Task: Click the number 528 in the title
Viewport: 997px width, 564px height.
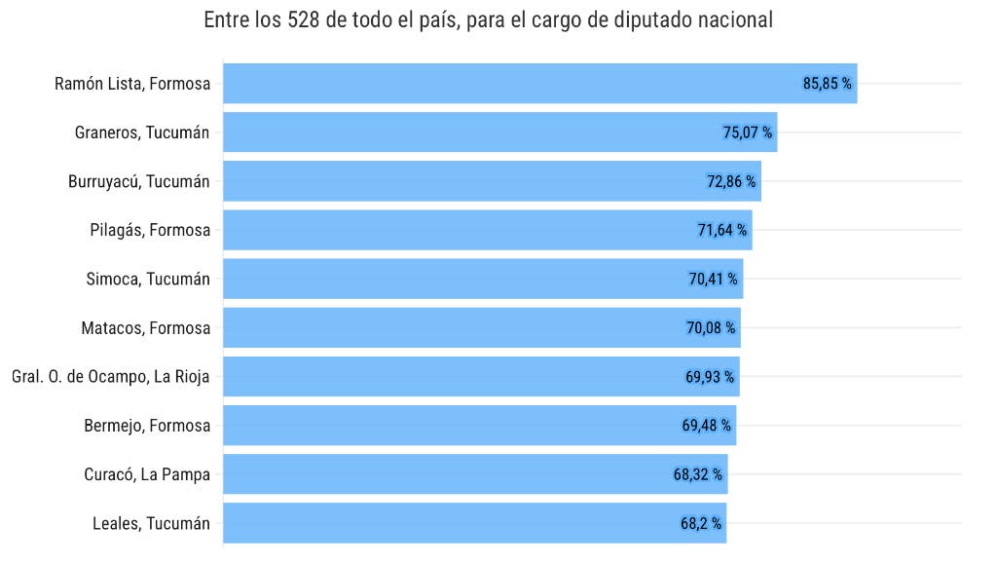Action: [305, 20]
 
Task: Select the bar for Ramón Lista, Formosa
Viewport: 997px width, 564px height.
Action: [506, 84]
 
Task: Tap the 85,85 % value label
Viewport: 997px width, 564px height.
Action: [828, 84]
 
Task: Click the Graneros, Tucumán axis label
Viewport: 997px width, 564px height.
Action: [142, 132]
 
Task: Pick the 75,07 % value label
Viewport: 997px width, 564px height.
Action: [748, 132]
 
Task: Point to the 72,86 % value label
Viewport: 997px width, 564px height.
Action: [731, 181]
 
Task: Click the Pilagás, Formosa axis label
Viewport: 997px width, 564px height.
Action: [149, 230]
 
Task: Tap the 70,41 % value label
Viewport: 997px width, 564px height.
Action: [714, 279]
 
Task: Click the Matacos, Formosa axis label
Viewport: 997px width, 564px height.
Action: [146, 328]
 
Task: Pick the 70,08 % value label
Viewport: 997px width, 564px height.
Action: [711, 328]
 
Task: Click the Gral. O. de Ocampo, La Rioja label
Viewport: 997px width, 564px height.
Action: [110, 377]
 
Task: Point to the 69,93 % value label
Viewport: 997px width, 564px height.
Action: [710, 377]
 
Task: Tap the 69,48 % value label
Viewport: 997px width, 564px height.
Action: [707, 426]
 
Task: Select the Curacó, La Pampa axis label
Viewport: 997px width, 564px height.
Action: [147, 474]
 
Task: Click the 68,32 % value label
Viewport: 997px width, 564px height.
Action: [698, 474]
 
